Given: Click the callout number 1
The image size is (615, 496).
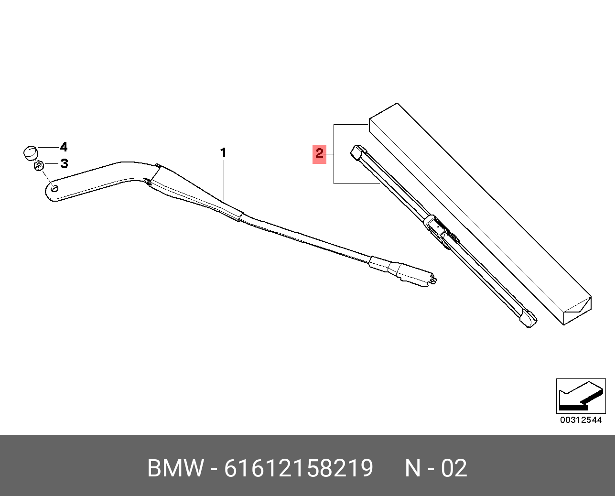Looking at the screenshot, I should [x=223, y=153].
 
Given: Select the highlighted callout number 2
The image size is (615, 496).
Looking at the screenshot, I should [x=319, y=153].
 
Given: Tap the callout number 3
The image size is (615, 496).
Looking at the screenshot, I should [x=64, y=164].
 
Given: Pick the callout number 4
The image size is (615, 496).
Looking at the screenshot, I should [x=64, y=147].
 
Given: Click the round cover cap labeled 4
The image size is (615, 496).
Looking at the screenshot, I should [x=30, y=152].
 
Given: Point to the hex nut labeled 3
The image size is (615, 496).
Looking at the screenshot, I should [x=39, y=166].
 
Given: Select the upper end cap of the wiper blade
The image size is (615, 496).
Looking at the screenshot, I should [x=357, y=151].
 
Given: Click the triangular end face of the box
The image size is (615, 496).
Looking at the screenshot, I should [x=577, y=310].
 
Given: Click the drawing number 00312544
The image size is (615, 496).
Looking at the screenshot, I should [x=581, y=420].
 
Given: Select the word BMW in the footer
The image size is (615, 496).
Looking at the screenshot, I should [x=175, y=468].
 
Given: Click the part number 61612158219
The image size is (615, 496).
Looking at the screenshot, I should [x=298, y=468].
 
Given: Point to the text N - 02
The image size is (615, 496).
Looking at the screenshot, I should [x=435, y=468].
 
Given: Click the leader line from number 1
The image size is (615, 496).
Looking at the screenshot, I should [x=224, y=182].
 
